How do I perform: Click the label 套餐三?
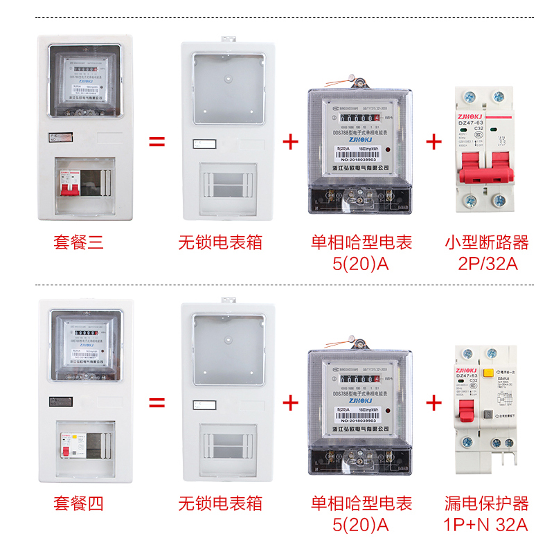[78, 242]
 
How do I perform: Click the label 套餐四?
[78, 503]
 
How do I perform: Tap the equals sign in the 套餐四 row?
[157, 402]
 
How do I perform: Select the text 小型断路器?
[486, 242]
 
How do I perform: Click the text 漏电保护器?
[486, 503]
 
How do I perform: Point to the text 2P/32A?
[486, 264]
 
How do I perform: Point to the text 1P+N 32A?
[486, 525]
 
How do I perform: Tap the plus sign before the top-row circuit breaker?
[434, 142]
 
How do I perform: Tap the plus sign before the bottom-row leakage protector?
[434, 402]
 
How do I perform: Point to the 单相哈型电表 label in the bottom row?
[361, 503]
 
